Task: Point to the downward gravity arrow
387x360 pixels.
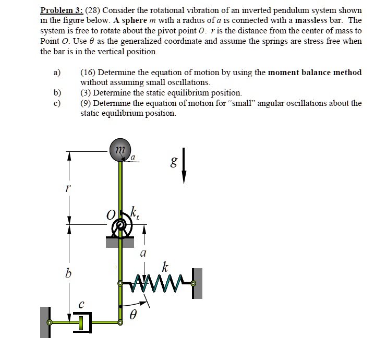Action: [x=184, y=166]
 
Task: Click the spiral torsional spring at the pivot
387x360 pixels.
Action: [x=121, y=227]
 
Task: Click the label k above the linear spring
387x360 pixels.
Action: [x=165, y=268]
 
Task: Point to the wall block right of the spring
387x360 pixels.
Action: [x=197, y=283]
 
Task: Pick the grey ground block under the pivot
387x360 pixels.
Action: [x=121, y=241]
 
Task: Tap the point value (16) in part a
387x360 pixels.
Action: [x=88, y=73]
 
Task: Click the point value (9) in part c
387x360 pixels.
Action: [x=86, y=103]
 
